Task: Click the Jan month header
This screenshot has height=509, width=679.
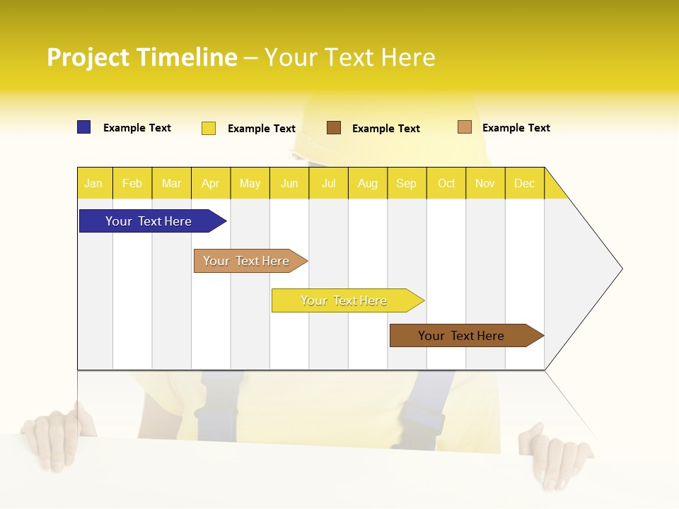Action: [x=94, y=183]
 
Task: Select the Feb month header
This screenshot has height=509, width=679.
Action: [x=132, y=183]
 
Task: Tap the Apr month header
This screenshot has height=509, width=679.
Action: [x=211, y=183]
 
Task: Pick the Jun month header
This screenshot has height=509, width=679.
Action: [x=289, y=183]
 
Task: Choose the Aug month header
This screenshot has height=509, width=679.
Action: [x=368, y=183]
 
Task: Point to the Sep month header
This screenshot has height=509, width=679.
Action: [x=407, y=183]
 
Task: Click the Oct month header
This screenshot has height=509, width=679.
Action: [x=446, y=183]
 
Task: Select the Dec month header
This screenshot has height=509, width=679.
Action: [x=525, y=183]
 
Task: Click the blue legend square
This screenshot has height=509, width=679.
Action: [x=84, y=127]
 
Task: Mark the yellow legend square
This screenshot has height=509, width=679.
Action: [x=209, y=128]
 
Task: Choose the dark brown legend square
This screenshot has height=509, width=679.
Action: [x=334, y=128]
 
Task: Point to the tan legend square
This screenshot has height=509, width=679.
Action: [x=465, y=127]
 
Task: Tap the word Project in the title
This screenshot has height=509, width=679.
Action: [x=88, y=57]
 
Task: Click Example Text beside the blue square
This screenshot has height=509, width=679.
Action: [x=137, y=128]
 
